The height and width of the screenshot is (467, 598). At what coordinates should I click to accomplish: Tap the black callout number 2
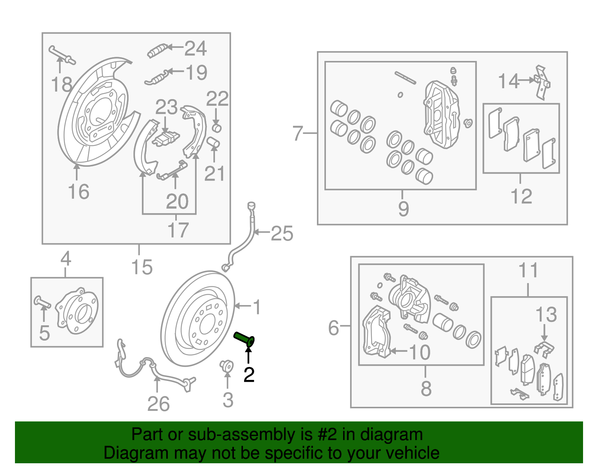point(249,375)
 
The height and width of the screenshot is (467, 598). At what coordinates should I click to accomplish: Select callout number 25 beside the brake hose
point(282,234)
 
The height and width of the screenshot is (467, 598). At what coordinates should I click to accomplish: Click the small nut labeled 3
point(226,365)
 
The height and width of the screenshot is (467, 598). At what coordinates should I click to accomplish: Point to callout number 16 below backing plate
point(78,192)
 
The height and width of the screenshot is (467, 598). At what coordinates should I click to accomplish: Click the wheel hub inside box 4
point(78,311)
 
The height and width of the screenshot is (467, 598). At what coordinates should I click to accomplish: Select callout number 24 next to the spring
point(195,49)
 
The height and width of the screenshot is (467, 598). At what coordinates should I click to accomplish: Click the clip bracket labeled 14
point(542,82)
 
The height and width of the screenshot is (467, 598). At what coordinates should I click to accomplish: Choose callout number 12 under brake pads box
point(521,196)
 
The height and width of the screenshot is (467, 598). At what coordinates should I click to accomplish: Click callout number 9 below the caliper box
point(403,208)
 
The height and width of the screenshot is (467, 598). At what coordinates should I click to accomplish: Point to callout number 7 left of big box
point(298,133)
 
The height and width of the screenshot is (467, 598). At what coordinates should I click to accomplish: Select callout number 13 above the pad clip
point(546,314)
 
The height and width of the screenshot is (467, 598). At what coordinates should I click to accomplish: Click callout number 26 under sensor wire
point(158,404)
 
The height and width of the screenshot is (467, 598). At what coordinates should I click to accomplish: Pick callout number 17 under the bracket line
point(178,230)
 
